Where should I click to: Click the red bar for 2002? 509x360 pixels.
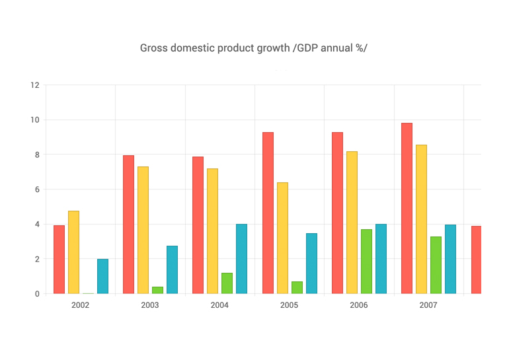pyautogui.click(x=59, y=260)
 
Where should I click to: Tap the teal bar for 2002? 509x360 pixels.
pyautogui.click(x=102, y=276)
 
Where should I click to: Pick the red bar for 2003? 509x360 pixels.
pyautogui.click(x=128, y=225)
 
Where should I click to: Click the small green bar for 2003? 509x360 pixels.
pyautogui.click(x=157, y=290)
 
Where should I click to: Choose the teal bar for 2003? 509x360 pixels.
pyautogui.click(x=172, y=270)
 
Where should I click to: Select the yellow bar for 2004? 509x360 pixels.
pyautogui.click(x=212, y=231)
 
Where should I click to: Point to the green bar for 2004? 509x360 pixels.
pyautogui.click(x=227, y=283)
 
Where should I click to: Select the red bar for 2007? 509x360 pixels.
pyautogui.click(x=407, y=208)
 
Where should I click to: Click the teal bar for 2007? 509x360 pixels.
pyautogui.click(x=450, y=259)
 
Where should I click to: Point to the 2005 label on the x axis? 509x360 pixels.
pyautogui.click(x=289, y=306)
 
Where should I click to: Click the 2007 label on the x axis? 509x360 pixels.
pyautogui.click(x=428, y=306)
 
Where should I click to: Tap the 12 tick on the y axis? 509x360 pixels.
pyautogui.click(x=35, y=85)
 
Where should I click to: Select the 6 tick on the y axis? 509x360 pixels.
pyautogui.click(x=37, y=190)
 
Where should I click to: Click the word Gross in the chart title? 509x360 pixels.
pyautogui.click(x=153, y=48)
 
